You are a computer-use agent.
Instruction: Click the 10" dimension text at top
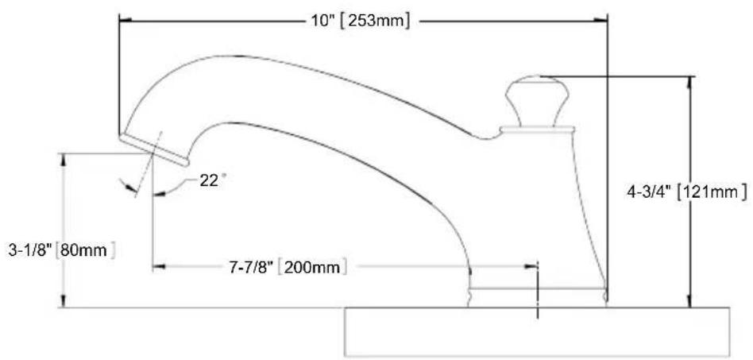[x=321, y=21]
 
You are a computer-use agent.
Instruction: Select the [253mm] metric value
[x=375, y=21]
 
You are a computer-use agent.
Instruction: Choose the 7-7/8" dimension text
[x=251, y=267]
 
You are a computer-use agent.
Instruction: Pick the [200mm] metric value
[x=312, y=267]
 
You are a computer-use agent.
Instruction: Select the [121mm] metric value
[x=712, y=192]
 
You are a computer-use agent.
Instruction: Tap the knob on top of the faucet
[x=537, y=100]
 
